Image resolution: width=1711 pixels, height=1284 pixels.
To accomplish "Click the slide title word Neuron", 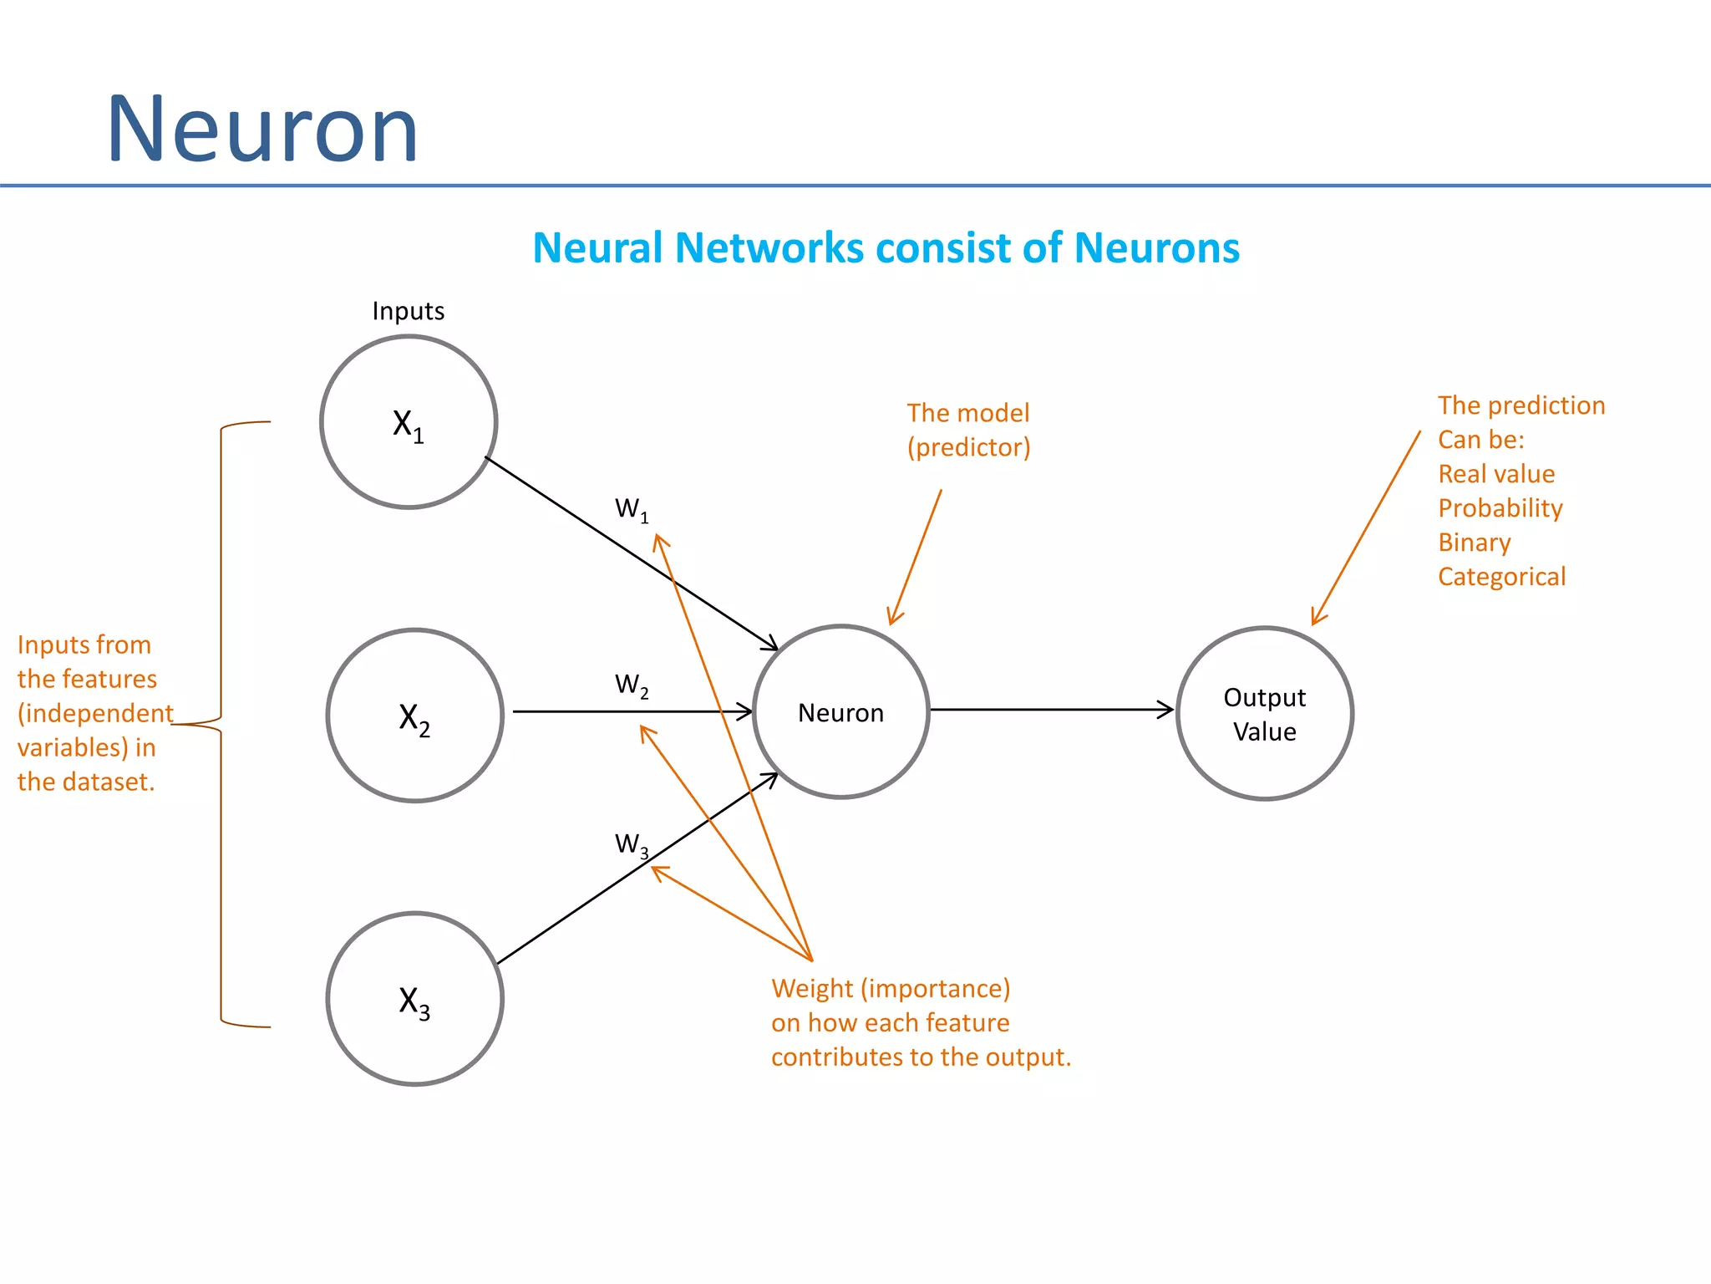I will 262,130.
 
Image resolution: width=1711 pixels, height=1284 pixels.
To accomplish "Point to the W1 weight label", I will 632,509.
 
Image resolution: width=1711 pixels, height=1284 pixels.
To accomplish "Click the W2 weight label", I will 632,685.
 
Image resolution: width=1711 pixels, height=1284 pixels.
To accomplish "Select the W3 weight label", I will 632,844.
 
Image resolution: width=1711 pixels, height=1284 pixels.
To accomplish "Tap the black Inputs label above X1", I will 408,311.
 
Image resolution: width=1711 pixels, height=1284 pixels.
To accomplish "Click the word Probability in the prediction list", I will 1500,508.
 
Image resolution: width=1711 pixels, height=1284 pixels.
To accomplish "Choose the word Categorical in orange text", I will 1501,577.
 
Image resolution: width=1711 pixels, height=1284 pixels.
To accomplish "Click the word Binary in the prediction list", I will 1474,543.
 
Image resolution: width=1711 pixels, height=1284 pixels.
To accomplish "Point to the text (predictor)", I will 968,447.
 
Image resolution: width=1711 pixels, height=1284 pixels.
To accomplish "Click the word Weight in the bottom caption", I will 812,989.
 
